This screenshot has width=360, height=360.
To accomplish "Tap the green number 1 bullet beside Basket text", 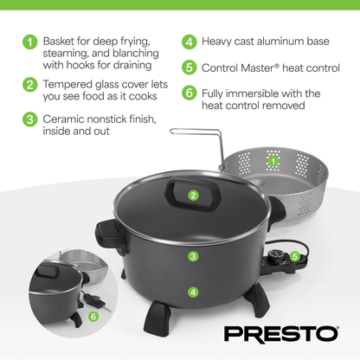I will (x=30, y=41).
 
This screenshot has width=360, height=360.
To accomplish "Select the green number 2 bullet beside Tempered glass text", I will (x=30, y=84).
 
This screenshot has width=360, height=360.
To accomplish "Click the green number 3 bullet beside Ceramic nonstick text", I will (x=30, y=119).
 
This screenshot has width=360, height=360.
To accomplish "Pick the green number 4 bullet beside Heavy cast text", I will (x=189, y=41).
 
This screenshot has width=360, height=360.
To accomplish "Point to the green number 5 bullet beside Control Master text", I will (x=189, y=67).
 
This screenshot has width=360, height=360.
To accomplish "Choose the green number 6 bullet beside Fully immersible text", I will (x=189, y=93).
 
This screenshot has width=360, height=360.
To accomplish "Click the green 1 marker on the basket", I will (x=273, y=161).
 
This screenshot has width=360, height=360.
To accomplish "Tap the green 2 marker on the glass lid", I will (x=194, y=196).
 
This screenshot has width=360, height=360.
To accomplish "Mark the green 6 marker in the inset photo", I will (x=93, y=317).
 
